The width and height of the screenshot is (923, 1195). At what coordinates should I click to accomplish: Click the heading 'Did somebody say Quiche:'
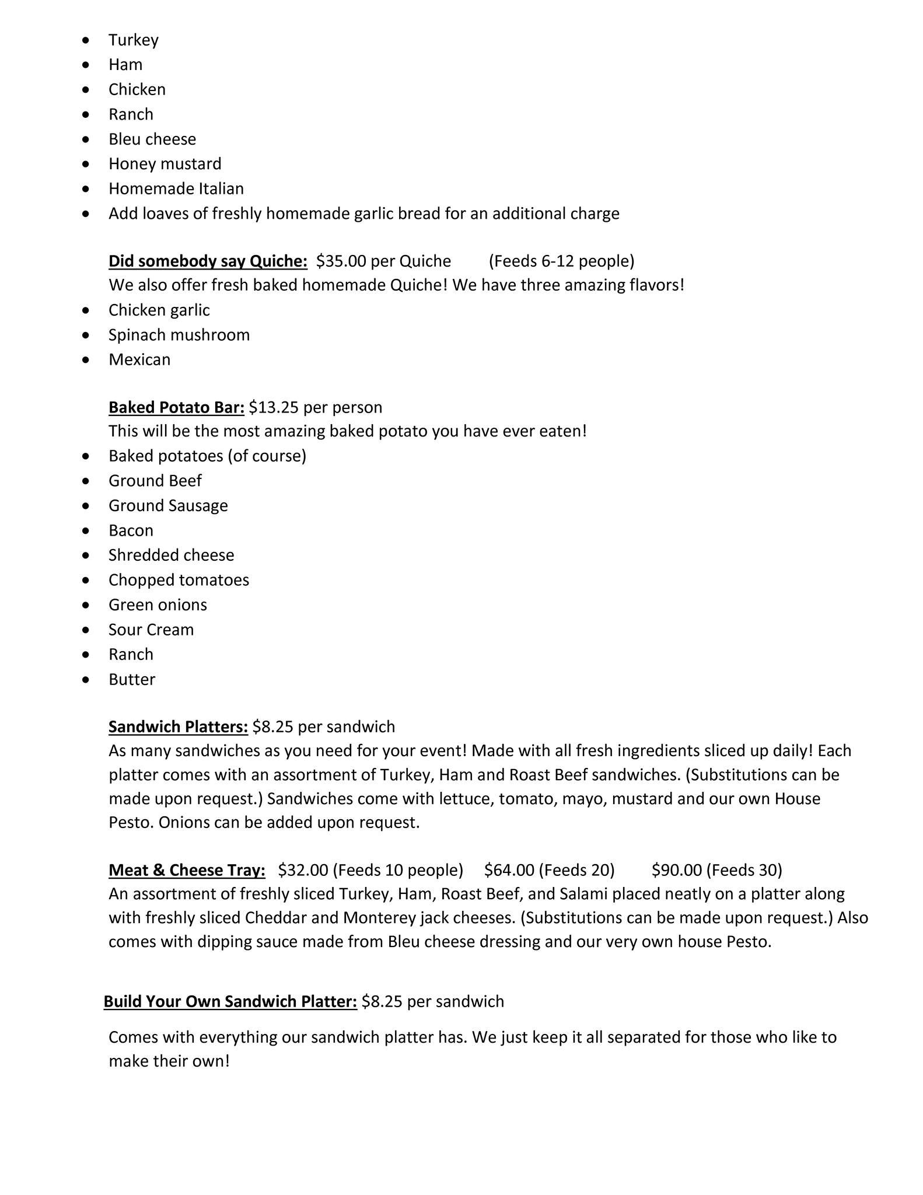[x=208, y=261]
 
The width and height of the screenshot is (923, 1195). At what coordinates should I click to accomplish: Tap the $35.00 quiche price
[x=338, y=261]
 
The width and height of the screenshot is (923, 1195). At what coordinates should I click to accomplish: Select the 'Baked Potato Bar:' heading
[x=176, y=407]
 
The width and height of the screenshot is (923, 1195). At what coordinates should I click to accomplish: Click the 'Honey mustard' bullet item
[x=165, y=164]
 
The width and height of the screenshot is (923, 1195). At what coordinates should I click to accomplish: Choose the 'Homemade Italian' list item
[x=176, y=188]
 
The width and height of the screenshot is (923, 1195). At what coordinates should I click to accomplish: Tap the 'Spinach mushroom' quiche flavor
[x=179, y=335]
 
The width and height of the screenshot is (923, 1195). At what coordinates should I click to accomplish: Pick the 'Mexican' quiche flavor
[x=139, y=359]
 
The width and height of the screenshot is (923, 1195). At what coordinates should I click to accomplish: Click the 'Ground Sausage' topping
[x=168, y=505]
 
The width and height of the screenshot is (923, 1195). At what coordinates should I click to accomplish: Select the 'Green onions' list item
[x=158, y=605]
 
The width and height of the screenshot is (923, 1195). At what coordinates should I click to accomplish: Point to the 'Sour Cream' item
[x=151, y=630]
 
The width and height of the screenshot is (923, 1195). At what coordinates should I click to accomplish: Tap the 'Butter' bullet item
[x=132, y=679]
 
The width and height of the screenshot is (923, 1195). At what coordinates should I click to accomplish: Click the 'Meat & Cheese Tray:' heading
[x=187, y=870]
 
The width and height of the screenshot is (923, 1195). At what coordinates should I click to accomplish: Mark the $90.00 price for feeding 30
[x=676, y=870]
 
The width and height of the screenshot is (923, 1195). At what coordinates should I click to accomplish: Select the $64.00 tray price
[x=509, y=870]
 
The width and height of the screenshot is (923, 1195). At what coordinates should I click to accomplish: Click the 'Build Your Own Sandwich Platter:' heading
[x=230, y=1001]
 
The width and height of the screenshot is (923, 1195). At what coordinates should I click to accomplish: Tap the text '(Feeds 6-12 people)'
[x=561, y=261]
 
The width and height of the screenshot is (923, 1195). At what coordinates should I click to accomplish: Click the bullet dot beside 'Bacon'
[x=86, y=530]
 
